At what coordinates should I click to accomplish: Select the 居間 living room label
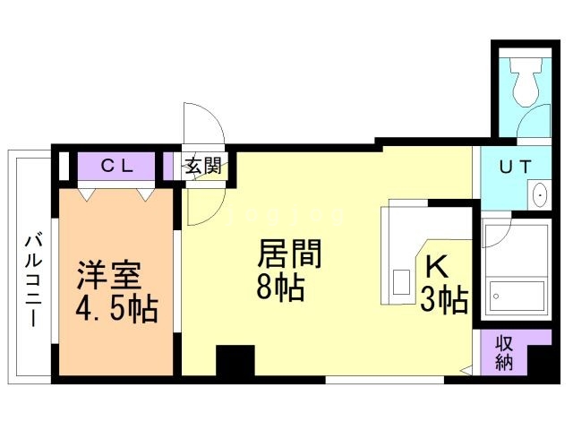(289, 254)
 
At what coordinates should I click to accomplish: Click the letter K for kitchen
(436, 267)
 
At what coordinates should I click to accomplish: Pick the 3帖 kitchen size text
(444, 300)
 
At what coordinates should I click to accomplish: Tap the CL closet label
(116, 165)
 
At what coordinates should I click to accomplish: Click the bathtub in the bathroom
(517, 293)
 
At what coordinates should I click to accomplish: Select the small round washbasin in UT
(540, 194)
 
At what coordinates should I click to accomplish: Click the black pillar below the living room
(236, 363)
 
